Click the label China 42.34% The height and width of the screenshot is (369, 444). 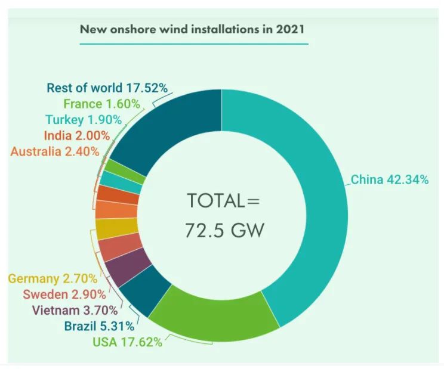coord(389,179)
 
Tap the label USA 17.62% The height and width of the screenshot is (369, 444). coord(127,342)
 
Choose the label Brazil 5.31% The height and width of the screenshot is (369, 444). coord(100,326)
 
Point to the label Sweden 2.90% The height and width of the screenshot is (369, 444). coord(64,294)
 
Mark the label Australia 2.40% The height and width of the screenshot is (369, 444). coord(55,151)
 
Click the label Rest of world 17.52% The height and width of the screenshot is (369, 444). coord(107,89)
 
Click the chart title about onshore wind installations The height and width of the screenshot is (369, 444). coord(193,29)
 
